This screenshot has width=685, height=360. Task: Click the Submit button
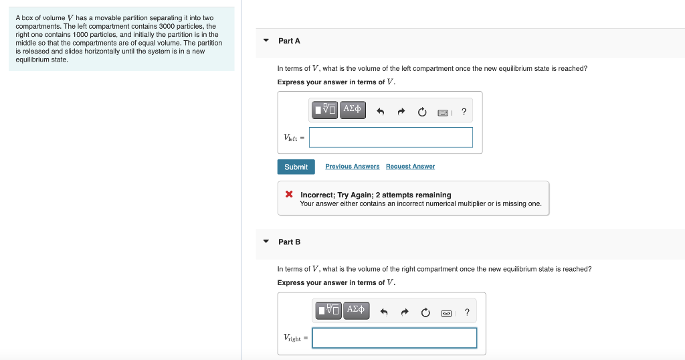(296, 167)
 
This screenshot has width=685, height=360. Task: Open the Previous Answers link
(352, 167)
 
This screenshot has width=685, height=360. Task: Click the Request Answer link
(410, 167)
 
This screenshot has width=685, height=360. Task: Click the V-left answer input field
(391, 138)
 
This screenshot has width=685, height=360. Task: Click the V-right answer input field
(394, 338)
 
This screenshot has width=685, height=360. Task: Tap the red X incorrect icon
(289, 195)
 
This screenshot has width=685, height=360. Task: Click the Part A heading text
(289, 41)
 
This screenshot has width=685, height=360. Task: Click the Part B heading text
(289, 242)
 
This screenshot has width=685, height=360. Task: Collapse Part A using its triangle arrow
(266, 41)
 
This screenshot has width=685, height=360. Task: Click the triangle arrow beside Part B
(266, 242)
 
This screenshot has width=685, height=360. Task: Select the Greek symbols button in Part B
(356, 310)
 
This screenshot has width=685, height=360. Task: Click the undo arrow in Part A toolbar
(380, 112)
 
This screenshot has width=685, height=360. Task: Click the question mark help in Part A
(464, 112)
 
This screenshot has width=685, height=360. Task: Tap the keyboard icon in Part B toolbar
(446, 312)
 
